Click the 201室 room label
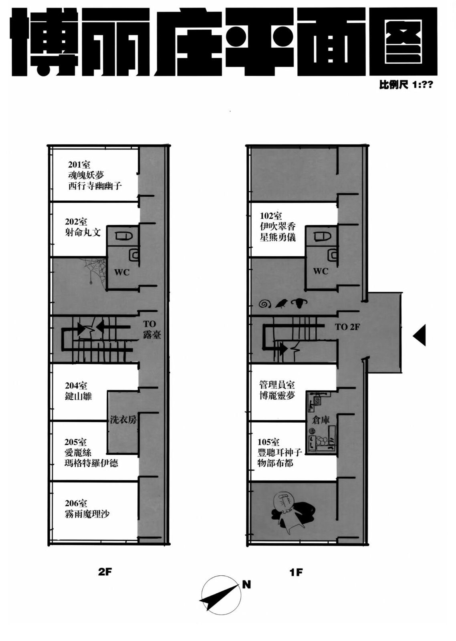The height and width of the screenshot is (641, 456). [79, 165]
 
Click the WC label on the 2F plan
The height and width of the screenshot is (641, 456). [122, 272]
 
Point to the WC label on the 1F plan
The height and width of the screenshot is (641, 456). [321, 271]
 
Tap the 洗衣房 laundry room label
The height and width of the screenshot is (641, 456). [123, 419]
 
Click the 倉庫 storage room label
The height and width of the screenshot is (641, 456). [321, 420]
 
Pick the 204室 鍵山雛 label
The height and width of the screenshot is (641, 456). [78, 391]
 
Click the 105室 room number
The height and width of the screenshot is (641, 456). [268, 442]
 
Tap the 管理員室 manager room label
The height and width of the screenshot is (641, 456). [277, 384]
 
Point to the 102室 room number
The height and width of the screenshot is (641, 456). [271, 216]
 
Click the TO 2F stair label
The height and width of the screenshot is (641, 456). [347, 327]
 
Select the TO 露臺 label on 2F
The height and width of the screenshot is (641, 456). [152, 329]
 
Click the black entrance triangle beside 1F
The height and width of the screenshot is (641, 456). [420, 335]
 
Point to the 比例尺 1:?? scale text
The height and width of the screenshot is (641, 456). [406, 85]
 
